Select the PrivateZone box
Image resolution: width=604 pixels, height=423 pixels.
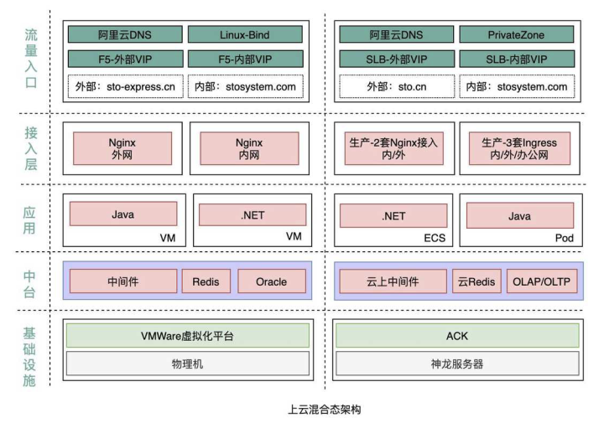click(x=515, y=35)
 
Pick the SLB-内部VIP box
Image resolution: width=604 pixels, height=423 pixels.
click(x=515, y=59)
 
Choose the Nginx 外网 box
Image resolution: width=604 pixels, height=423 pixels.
click(x=122, y=148)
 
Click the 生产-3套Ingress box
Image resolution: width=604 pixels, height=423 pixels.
click(x=517, y=148)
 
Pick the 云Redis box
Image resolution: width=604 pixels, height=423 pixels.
click(x=476, y=282)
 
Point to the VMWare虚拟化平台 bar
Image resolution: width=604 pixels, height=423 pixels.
click(x=186, y=336)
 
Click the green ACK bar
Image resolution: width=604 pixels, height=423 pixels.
click(x=457, y=336)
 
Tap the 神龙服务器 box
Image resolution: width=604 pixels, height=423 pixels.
click(x=457, y=364)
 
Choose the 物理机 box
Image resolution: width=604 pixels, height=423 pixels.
click(x=186, y=364)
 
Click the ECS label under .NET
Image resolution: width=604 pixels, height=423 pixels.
click(x=435, y=238)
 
